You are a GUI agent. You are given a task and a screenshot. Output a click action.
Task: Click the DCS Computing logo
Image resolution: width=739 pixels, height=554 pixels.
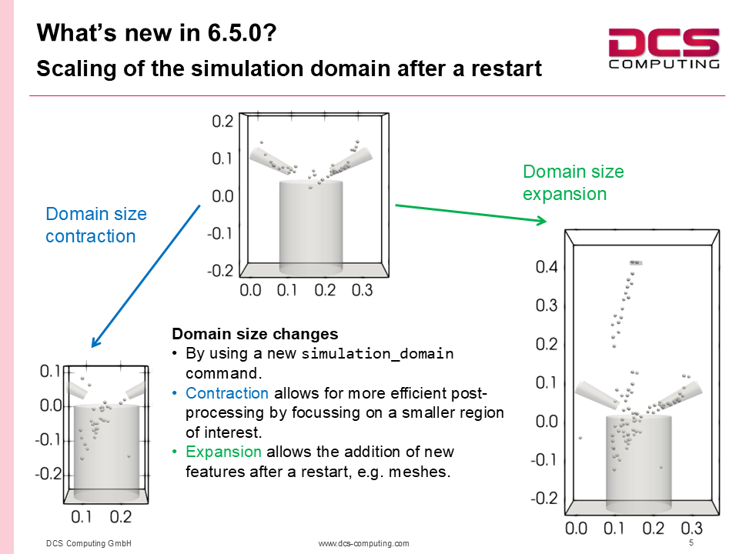664,48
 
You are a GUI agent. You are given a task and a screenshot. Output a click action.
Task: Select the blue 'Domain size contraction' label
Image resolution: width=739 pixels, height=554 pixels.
96,225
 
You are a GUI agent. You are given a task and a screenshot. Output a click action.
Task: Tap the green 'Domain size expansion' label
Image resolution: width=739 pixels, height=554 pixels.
573,182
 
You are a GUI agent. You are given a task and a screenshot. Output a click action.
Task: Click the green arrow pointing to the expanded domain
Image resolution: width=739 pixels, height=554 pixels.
471,213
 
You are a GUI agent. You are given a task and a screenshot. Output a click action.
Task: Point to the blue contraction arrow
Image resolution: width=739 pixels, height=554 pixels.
145,276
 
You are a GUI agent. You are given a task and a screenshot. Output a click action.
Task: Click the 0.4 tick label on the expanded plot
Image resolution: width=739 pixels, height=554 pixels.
547,267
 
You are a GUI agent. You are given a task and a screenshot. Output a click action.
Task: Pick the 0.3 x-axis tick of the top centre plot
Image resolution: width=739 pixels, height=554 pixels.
362,290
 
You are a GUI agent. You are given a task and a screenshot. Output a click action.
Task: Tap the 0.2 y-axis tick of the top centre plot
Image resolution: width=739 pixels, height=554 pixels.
222,121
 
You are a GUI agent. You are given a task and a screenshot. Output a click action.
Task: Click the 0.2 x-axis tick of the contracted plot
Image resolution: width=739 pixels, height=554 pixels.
121,517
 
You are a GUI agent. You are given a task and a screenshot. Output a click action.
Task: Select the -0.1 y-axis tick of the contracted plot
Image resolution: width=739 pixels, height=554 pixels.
48,439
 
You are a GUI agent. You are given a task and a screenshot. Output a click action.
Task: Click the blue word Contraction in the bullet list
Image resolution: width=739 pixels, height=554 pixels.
226,393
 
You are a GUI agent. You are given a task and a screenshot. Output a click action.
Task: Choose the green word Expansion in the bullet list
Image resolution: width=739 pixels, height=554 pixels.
223,452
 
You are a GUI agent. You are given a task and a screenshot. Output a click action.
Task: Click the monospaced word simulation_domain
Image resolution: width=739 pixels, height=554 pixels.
377,353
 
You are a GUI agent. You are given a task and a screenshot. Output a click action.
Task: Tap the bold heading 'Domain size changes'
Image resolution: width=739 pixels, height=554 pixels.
255,333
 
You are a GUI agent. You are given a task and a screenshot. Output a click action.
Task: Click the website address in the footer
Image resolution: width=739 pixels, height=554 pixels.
363,543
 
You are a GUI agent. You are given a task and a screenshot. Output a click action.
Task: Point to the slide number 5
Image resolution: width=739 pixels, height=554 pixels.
691,542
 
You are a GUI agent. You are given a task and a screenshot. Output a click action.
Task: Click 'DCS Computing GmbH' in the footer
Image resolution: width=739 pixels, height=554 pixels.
89,543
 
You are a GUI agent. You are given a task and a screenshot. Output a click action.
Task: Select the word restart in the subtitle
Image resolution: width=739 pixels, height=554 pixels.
507,68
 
